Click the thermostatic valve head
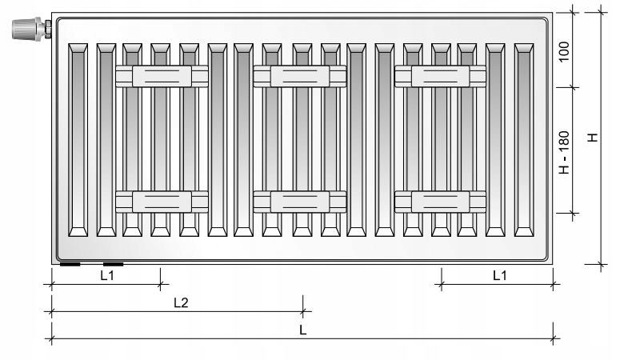26,29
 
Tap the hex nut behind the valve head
48,30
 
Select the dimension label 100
563,51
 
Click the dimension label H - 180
563,153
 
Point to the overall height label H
592,137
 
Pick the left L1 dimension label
107,275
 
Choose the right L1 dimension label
499,275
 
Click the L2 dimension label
181,302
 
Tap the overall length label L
302,330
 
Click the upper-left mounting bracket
162,76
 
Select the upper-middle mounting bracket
300,76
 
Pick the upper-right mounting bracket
440,76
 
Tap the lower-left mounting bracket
162,202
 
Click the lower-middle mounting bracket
300,202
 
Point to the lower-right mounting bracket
440,202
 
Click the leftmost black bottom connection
70,264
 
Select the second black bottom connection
114,264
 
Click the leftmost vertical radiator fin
78,140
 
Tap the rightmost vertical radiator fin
524,140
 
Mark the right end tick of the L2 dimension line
303,311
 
